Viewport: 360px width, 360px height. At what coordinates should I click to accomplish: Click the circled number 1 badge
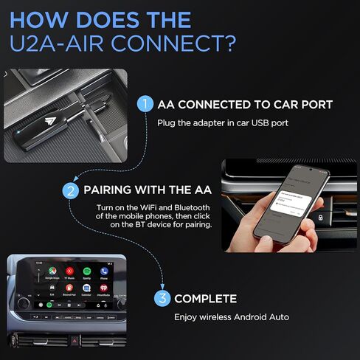coord(145,104)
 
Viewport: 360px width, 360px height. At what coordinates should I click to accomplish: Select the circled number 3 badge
coord(162,299)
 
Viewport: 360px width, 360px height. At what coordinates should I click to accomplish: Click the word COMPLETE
coord(206,299)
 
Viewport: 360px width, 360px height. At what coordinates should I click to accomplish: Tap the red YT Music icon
coord(68,272)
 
